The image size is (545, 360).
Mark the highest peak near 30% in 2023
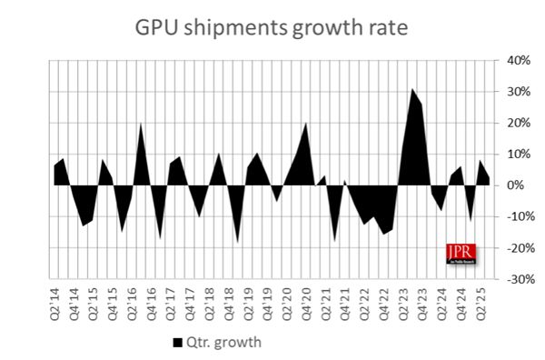click(x=411, y=89)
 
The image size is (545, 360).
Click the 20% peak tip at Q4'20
click(x=306, y=123)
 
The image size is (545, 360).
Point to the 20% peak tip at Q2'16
click(x=141, y=123)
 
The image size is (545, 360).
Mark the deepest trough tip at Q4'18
click(x=238, y=243)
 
